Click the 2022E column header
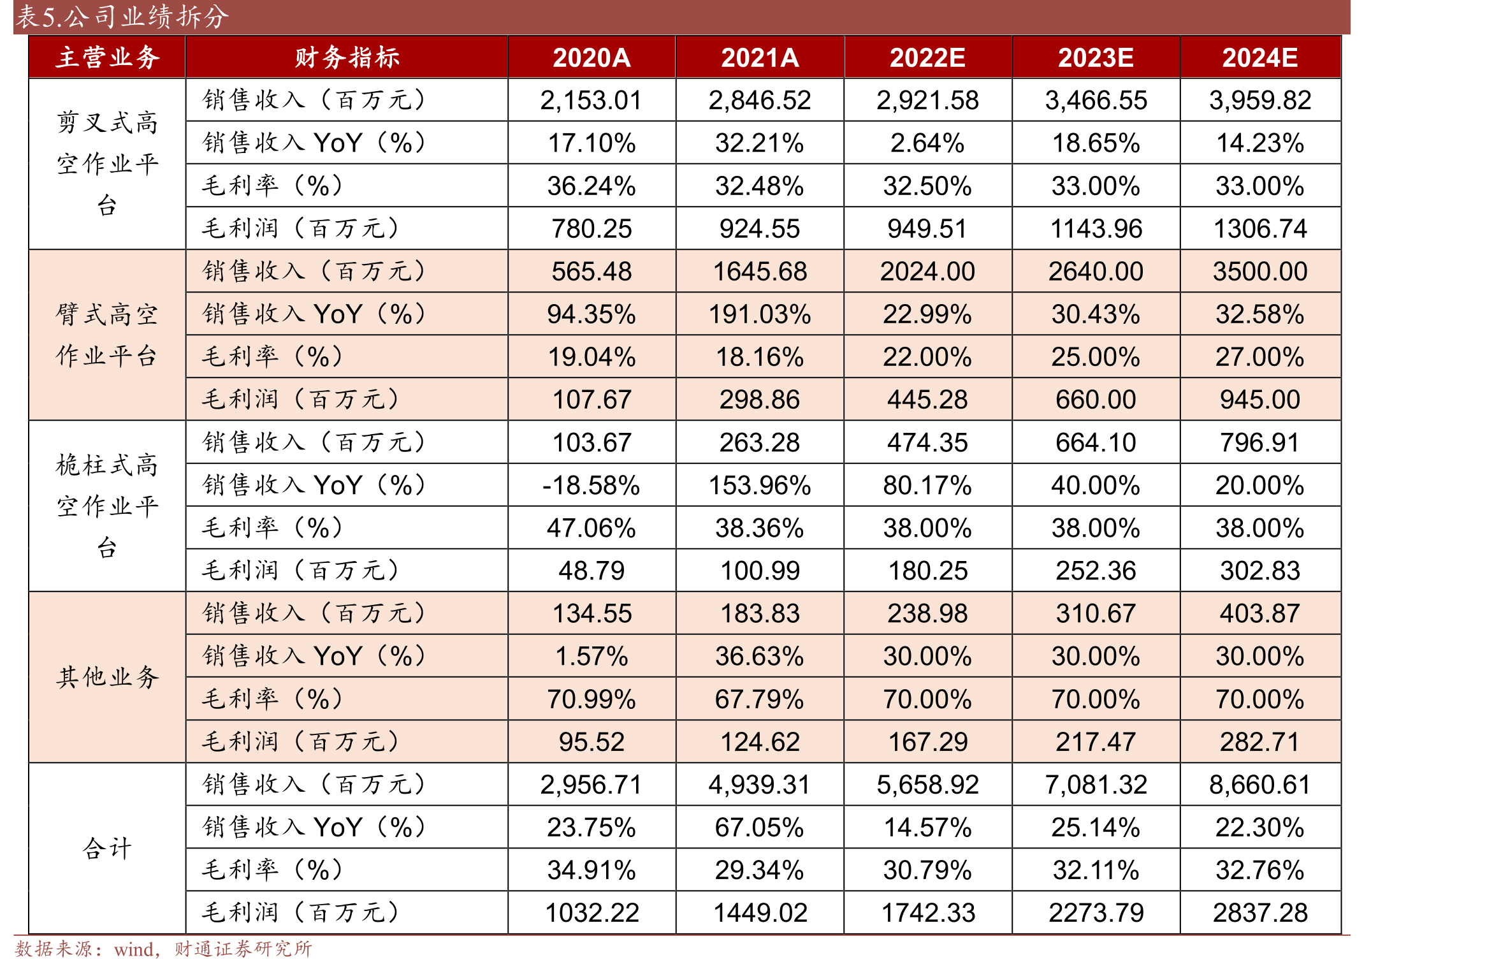point(927,58)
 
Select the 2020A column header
point(591,58)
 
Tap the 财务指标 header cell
point(347,57)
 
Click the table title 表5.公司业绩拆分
point(121,17)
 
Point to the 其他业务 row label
point(107,677)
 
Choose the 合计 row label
point(107,849)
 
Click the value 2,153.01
point(591,101)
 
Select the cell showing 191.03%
point(760,314)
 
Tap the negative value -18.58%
point(591,486)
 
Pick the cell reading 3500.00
point(1260,272)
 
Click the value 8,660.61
point(1260,785)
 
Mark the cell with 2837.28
point(1260,913)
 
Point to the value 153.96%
point(760,486)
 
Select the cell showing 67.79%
point(760,699)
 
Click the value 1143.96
point(1096,229)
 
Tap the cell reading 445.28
point(927,400)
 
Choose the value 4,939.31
point(760,785)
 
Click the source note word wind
point(134,950)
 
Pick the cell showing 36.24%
point(591,186)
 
